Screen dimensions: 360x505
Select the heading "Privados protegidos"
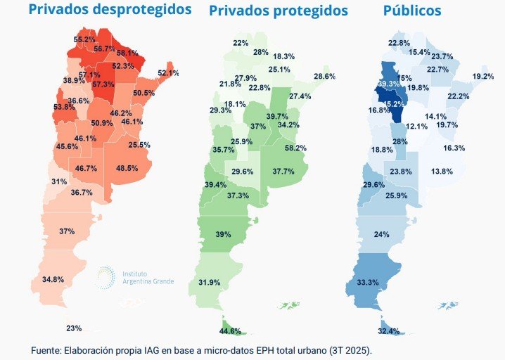click(x=279, y=11)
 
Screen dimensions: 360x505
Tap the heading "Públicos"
click(x=412, y=11)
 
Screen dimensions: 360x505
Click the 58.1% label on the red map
click(x=127, y=53)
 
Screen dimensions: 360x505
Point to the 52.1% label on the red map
click(x=168, y=73)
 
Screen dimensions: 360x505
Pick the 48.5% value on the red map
click(x=127, y=169)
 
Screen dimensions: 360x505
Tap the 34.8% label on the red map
click(x=53, y=279)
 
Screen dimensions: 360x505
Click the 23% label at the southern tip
click(x=74, y=328)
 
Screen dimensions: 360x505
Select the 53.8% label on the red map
click(x=64, y=107)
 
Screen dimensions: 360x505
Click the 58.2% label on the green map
click(x=295, y=148)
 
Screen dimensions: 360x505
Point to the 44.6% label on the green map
click(x=231, y=331)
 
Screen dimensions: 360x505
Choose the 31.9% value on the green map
click(x=210, y=283)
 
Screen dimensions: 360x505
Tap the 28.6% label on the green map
click(x=324, y=76)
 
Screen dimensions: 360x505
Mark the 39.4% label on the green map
click(x=215, y=185)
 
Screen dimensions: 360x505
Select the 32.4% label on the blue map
click(x=388, y=331)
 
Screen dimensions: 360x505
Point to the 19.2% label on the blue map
click(x=483, y=76)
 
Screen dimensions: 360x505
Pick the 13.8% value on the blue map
click(x=442, y=172)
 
